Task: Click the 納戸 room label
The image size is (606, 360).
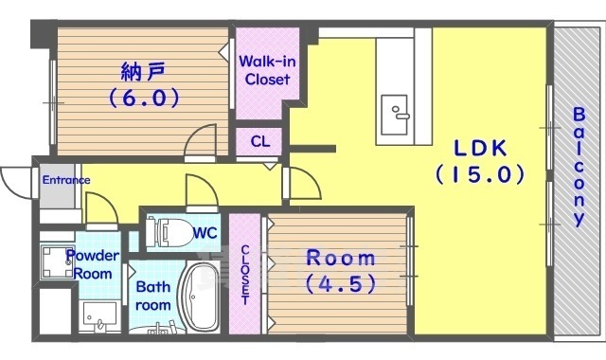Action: pyautogui.click(x=143, y=71)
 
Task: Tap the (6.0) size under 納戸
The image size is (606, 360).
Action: pyautogui.click(x=143, y=97)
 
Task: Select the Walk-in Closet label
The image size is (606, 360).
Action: pyautogui.click(x=264, y=71)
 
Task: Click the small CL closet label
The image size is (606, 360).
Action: pyautogui.click(x=259, y=142)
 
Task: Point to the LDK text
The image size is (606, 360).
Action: pyautogui.click(x=480, y=148)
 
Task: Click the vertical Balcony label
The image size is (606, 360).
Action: pyautogui.click(x=578, y=166)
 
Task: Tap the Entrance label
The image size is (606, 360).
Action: pyautogui.click(x=64, y=180)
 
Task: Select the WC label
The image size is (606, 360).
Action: pyautogui.click(x=205, y=231)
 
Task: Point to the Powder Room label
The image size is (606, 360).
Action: pyautogui.click(x=92, y=263)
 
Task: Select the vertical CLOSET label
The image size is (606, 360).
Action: pyautogui.click(x=245, y=275)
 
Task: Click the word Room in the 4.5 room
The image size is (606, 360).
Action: pyautogui.click(x=339, y=258)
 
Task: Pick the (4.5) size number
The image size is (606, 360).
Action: pyautogui.click(x=339, y=282)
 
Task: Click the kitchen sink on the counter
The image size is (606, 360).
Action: pyautogui.click(x=396, y=116)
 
